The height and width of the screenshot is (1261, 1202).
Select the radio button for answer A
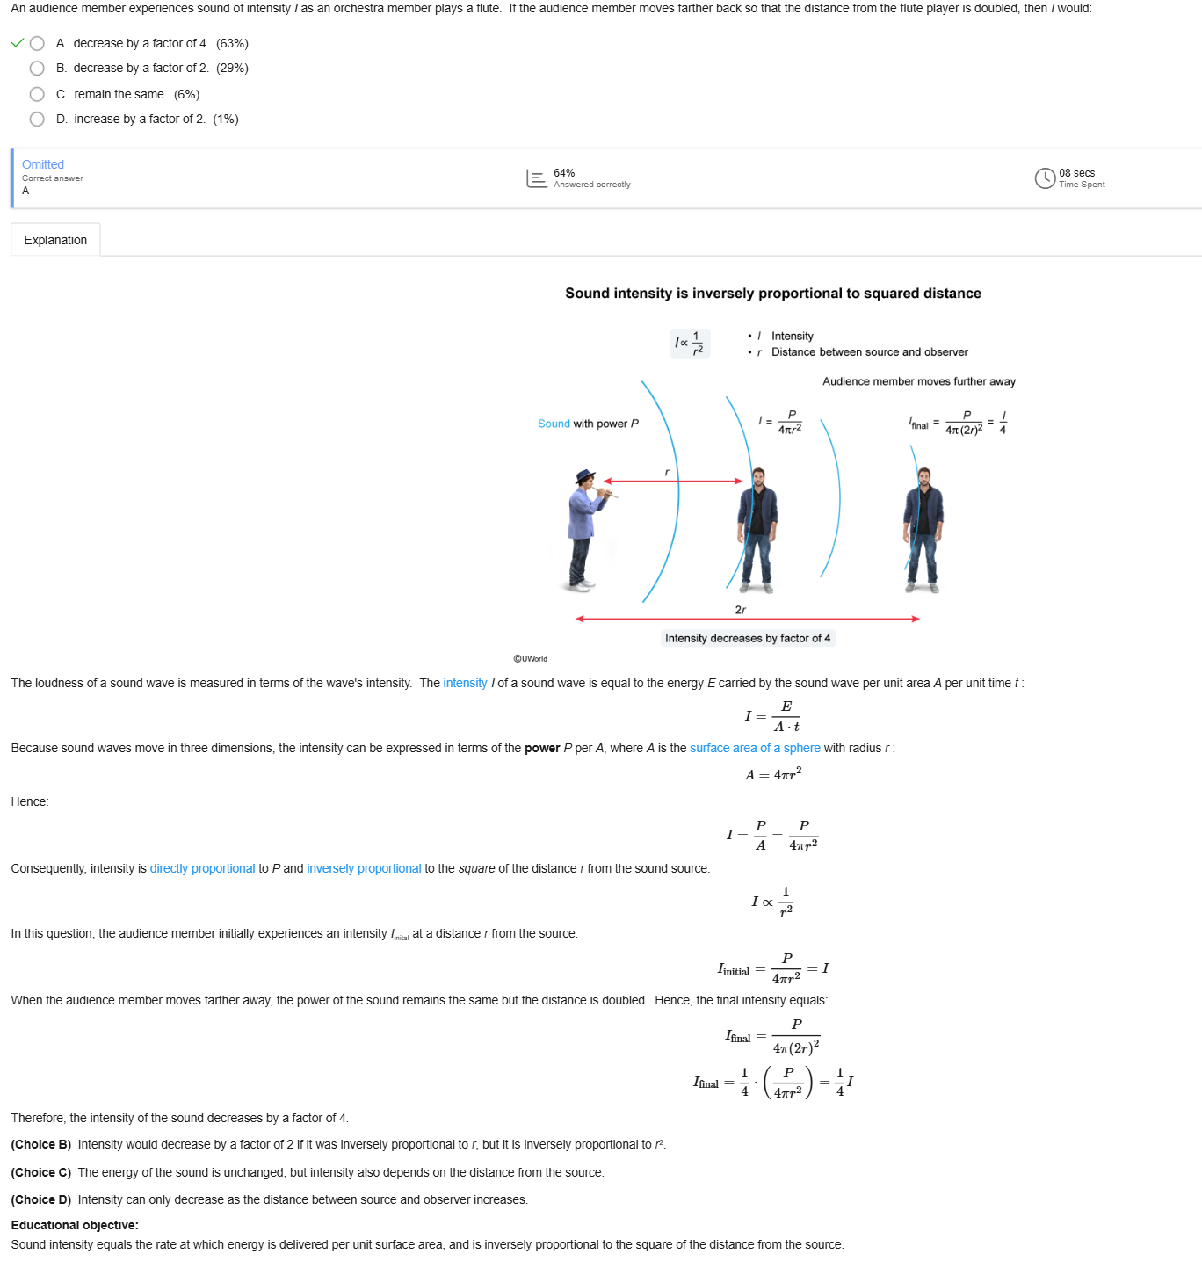[37, 43]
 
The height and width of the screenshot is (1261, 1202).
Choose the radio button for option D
[37, 119]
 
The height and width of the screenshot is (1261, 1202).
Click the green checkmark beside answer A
[18, 43]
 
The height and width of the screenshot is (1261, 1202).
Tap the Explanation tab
[55, 240]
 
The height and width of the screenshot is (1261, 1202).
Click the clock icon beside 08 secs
[1045, 178]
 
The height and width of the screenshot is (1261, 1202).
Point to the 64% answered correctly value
[564, 172]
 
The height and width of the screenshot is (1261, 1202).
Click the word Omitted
[43, 164]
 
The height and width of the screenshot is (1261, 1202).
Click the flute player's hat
[585, 476]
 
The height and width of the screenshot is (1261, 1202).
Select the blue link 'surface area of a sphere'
[755, 748]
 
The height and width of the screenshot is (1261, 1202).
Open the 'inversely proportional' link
[364, 868]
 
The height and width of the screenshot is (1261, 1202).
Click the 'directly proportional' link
[202, 868]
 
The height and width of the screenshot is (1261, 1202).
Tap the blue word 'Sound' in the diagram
[554, 424]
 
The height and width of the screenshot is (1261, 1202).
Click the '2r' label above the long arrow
[740, 609]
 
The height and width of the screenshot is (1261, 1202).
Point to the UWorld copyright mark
[530, 659]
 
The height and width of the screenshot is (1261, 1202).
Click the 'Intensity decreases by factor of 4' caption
[747, 638]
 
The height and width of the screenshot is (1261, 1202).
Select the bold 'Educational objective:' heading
[75, 1225]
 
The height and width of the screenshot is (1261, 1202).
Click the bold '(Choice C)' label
[41, 1172]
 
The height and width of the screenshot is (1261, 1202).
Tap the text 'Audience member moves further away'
[918, 381]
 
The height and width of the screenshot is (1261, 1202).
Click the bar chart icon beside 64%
[536, 178]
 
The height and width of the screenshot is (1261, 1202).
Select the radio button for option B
[37, 68]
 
